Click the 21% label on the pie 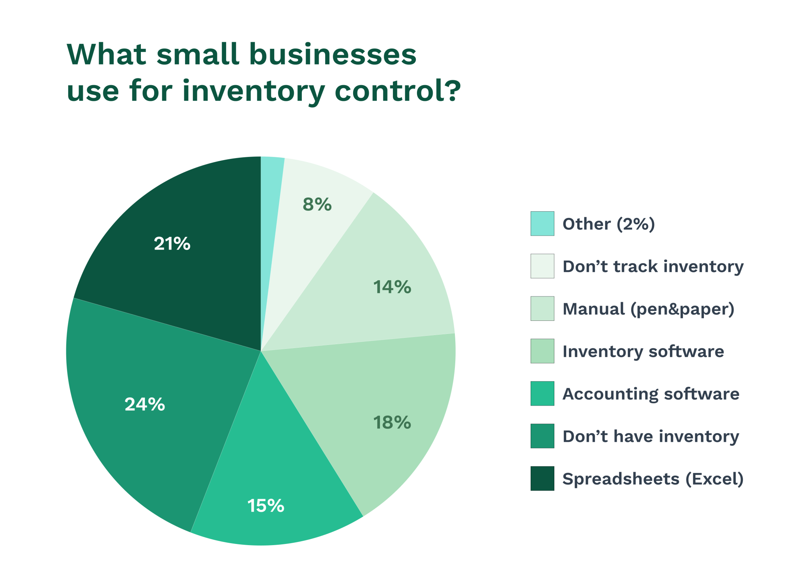click(172, 244)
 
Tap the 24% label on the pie click(145, 404)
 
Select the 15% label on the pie click(266, 506)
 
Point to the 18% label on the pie click(392, 423)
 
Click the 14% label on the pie click(392, 287)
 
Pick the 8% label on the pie click(317, 204)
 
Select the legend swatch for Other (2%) click(542, 223)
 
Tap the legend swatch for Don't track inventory click(542, 266)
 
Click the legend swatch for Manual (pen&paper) click(542, 309)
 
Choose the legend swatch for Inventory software click(542, 351)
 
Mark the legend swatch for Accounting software click(542, 393)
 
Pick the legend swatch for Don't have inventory click(542, 436)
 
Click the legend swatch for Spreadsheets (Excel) click(542, 479)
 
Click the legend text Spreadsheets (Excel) click(653, 479)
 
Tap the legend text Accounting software click(651, 394)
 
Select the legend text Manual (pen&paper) click(648, 309)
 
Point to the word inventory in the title click(254, 91)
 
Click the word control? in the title click(398, 91)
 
